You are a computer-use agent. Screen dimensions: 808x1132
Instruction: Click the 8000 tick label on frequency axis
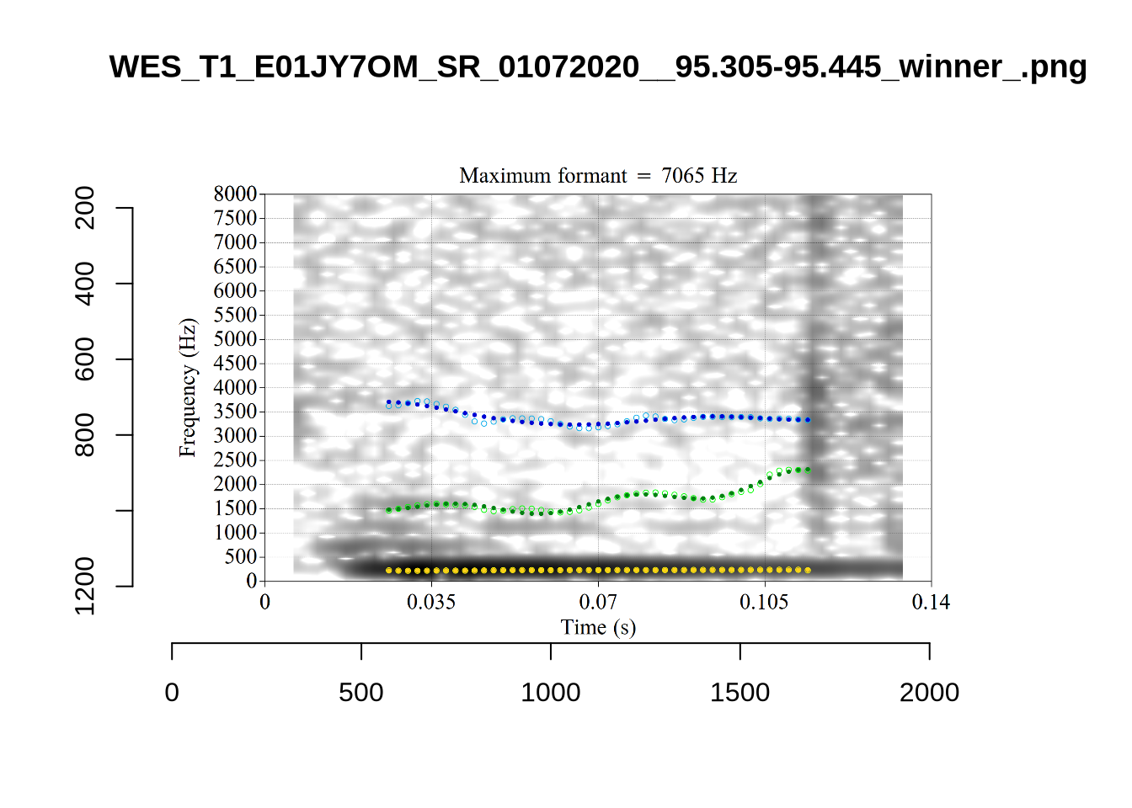point(235,194)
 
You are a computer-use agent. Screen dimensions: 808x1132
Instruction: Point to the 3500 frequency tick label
point(235,412)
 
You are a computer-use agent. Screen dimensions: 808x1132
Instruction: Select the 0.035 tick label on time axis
point(431,602)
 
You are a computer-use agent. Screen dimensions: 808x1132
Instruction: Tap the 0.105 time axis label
point(764,602)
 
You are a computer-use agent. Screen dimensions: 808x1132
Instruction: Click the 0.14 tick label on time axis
point(931,602)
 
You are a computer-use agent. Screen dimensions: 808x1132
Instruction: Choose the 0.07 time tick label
point(598,602)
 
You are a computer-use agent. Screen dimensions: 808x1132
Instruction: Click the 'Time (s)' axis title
point(598,627)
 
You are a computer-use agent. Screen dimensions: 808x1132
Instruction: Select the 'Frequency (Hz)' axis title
point(187,388)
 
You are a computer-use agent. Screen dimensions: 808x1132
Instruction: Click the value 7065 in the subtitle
point(682,176)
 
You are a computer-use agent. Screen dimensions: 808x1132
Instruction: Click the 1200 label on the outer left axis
point(85,586)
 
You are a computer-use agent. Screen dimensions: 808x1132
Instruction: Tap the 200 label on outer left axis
point(85,208)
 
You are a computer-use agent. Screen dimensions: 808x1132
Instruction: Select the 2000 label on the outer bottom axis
point(929,693)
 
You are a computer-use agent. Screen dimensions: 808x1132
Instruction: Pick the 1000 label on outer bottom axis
point(551,693)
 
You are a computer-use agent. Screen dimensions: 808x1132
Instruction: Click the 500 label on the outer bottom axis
point(361,693)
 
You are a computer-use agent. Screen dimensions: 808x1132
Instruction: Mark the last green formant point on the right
point(809,470)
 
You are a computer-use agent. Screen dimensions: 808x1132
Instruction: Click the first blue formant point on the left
point(388,402)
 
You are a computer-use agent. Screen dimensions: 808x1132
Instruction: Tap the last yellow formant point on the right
point(809,571)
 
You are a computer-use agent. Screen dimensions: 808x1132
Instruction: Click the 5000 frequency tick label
point(235,339)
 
